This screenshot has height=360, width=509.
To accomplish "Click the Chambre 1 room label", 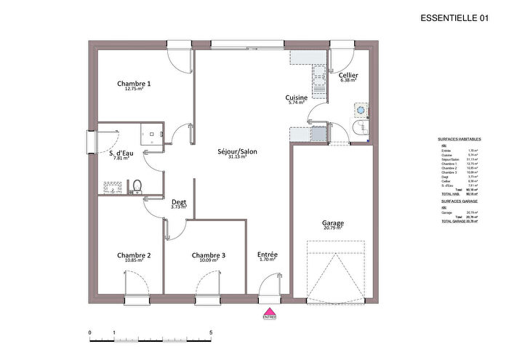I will click(x=134, y=84).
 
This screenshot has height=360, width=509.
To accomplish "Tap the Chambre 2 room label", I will click(x=134, y=255).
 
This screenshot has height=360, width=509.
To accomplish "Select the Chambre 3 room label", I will click(x=209, y=255).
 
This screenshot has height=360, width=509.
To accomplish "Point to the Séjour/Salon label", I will click(x=237, y=152).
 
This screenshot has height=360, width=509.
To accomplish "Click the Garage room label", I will click(x=333, y=223).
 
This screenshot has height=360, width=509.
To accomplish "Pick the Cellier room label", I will click(x=348, y=75).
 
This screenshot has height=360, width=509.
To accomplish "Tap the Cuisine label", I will click(x=296, y=97).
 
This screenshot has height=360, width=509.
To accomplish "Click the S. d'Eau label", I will click(x=121, y=153).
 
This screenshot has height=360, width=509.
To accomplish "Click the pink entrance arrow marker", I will click(x=270, y=310).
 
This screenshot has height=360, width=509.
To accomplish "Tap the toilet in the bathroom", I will click(x=135, y=188).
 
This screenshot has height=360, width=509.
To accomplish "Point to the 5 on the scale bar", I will click(x=211, y=332).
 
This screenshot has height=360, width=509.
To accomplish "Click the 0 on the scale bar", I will click(x=90, y=332).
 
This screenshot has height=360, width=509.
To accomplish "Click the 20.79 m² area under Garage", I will click(x=333, y=228).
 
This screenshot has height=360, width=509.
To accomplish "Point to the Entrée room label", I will click(x=268, y=255).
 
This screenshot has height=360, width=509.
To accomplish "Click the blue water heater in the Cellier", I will click(x=361, y=109).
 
